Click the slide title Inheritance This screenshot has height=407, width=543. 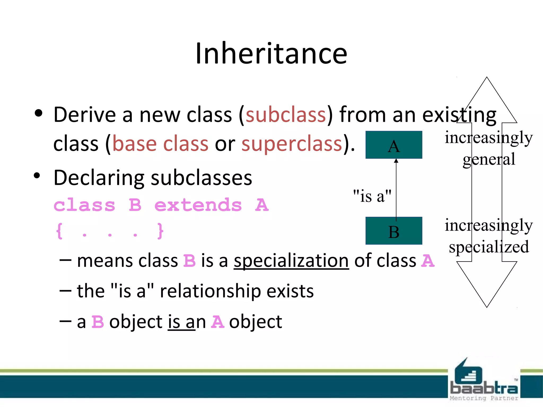[x=271, y=54]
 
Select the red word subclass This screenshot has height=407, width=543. [x=286, y=115]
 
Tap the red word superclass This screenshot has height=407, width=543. [x=292, y=144]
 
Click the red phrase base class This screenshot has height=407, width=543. [x=160, y=144]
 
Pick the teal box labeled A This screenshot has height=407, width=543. [x=394, y=145]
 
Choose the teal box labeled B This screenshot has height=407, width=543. [x=394, y=231]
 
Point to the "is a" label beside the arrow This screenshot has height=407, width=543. [x=372, y=196]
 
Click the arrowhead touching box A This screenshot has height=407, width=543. [x=396, y=161]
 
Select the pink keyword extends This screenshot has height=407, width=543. [x=198, y=205]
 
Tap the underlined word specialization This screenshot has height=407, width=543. [x=291, y=261]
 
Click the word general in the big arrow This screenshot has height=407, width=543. [x=489, y=160]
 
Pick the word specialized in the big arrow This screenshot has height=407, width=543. [x=489, y=247]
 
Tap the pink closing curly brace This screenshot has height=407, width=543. [x=160, y=231]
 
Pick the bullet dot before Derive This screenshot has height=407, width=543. [x=38, y=113]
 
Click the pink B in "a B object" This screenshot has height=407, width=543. [x=98, y=322]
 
